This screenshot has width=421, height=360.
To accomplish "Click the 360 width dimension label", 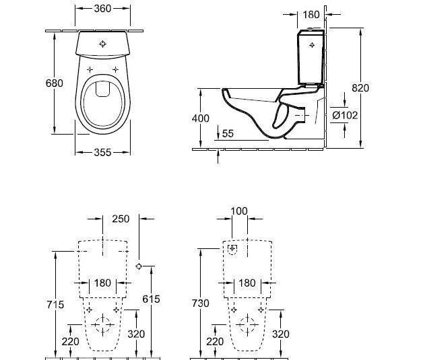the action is (102, 9).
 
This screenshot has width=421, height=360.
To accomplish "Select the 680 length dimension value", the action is (55, 83).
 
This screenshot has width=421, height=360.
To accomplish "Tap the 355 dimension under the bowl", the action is (102, 152).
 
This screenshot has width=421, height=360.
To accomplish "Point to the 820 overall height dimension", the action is (360, 87).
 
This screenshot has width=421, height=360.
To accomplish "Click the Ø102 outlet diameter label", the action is (345, 115).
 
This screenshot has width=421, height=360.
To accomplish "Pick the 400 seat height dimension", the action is (201, 118).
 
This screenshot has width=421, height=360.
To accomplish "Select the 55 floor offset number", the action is (228, 134).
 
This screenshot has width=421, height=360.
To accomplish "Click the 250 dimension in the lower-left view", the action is (121, 219).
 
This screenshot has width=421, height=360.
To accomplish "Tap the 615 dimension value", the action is (151, 299).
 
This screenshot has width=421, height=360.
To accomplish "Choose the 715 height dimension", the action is (55, 304).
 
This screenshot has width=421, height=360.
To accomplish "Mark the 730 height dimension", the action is (201, 303).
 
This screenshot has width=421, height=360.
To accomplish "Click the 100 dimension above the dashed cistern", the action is (239, 211).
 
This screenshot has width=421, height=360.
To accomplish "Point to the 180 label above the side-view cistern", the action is (311, 15).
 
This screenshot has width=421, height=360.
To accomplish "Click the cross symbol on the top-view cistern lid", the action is (102, 44).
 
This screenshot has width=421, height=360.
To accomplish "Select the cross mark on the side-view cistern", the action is (312, 45).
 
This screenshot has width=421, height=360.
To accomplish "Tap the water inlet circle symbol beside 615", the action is (139, 266).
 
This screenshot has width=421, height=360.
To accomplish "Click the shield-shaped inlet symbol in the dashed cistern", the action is (232, 250).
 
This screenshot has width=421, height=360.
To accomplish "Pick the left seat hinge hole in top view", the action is (90, 70).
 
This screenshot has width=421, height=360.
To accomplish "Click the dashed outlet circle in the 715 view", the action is (102, 325).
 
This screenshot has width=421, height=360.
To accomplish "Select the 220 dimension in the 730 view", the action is (215, 342).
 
